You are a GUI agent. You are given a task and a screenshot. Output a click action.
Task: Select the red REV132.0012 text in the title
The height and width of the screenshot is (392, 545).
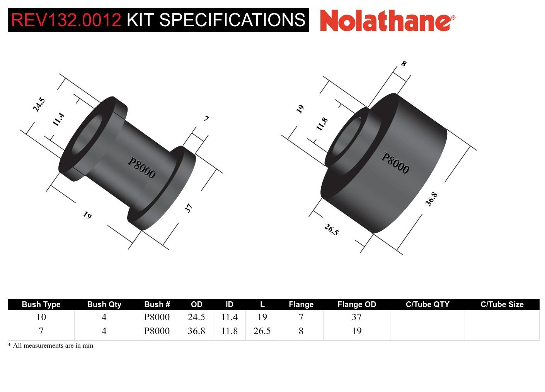tap(66, 20)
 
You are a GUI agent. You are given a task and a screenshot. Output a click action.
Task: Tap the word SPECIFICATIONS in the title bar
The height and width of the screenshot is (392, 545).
tap(232, 20)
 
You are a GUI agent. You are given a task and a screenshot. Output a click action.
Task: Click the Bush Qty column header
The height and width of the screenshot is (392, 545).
tap(104, 304)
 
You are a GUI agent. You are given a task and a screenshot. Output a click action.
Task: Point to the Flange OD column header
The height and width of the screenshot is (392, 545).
tap(356, 304)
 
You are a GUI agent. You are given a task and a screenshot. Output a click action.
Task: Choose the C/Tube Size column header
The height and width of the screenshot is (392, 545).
tap(502, 304)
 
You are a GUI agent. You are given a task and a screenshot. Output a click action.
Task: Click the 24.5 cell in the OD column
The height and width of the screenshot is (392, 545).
tap(196, 317)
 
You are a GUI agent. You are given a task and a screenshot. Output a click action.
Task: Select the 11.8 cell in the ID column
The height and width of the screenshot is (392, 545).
tap(229, 331)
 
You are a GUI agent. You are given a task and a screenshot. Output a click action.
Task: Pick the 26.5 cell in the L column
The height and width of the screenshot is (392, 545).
tap(262, 331)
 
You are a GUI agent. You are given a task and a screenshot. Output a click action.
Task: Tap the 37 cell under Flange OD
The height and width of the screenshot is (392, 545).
tap(356, 317)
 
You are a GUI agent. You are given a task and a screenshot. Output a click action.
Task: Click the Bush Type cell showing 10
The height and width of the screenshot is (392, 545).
tap(41, 317)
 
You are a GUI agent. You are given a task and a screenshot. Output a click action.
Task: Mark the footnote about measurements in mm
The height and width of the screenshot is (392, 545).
tap(51, 346)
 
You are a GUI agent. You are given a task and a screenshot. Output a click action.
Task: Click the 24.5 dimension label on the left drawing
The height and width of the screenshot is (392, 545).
tap(39, 105)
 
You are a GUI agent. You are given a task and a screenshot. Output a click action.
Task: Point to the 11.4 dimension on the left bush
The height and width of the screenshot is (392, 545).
tap(58, 120)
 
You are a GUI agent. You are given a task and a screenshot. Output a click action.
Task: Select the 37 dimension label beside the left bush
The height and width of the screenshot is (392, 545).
tap(188, 208)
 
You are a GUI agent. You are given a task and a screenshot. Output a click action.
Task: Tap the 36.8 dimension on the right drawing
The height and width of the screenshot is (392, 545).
tap(431, 199)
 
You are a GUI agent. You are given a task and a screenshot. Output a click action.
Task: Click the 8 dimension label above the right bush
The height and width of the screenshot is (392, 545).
tap(404, 64)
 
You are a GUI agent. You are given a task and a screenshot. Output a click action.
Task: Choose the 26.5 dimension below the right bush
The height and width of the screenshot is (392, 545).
tap(331, 230)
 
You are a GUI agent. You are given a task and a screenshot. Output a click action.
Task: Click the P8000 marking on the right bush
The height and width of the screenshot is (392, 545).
tap(395, 163)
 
